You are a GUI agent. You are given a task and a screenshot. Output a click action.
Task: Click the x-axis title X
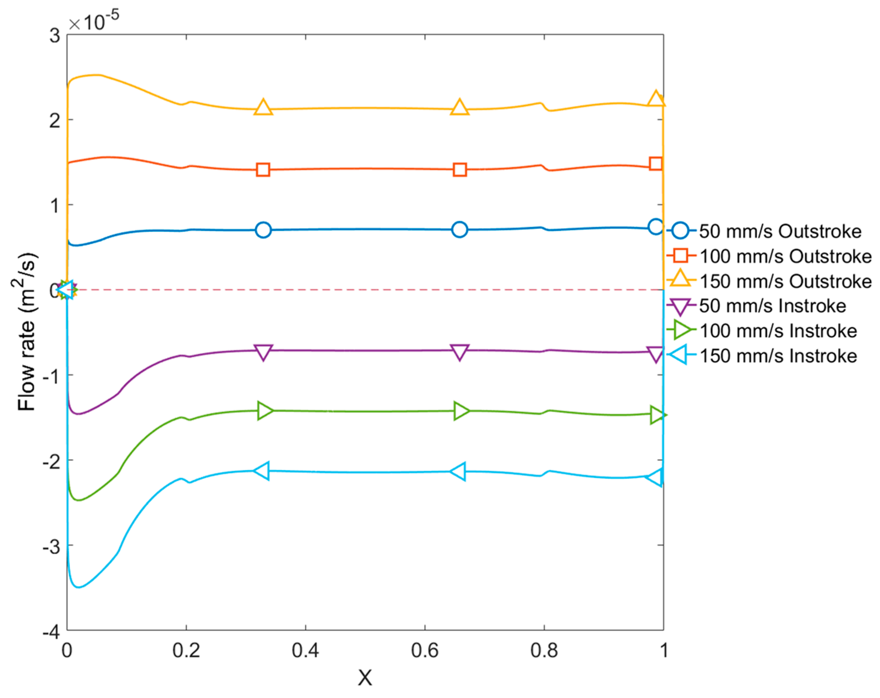(x=365, y=678)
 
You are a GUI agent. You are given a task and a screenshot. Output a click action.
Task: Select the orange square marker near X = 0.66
(x=460, y=170)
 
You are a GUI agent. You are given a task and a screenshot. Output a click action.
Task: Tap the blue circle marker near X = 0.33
(x=263, y=230)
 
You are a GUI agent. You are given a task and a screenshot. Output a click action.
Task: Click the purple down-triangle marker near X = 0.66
(x=460, y=352)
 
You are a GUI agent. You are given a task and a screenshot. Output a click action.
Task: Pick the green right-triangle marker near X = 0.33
(x=265, y=411)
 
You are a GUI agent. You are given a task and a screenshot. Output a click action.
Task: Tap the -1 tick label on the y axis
(x=51, y=376)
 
